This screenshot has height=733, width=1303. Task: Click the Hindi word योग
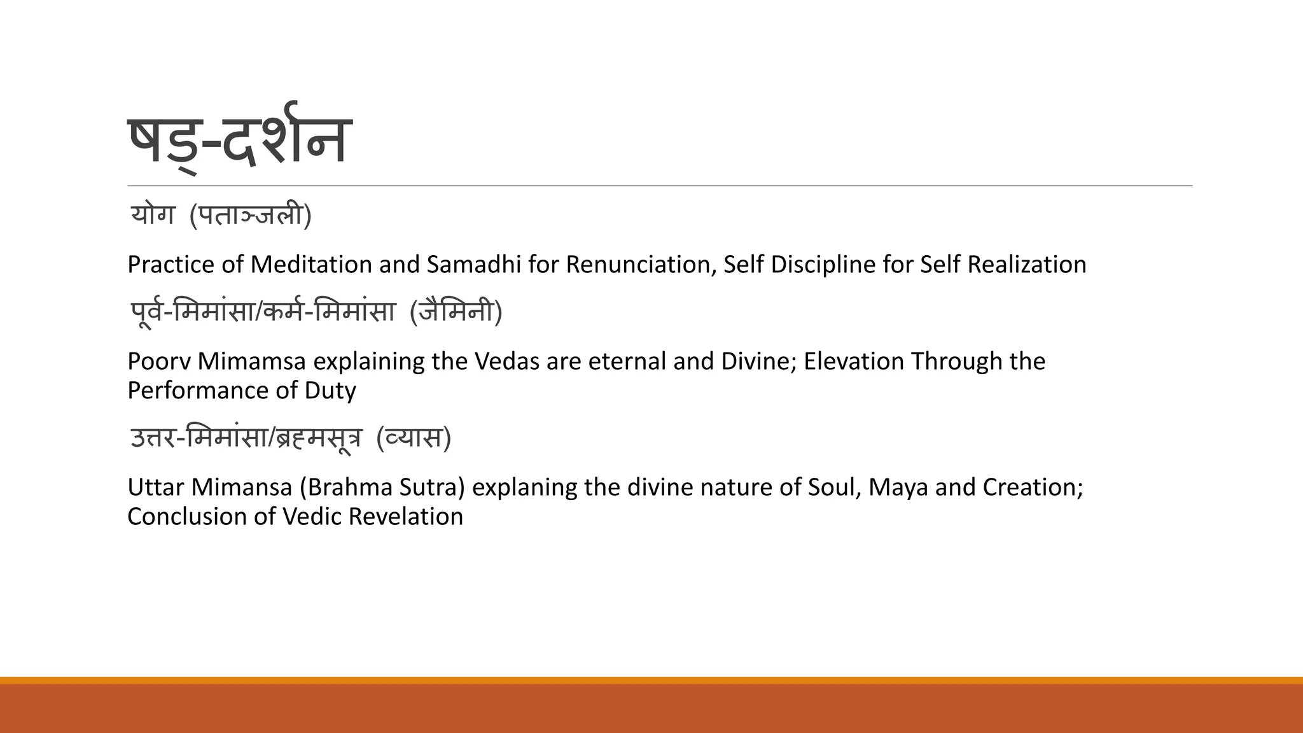(153, 215)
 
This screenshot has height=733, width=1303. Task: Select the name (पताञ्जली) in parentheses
(250, 215)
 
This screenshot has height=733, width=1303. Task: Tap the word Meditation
(310, 265)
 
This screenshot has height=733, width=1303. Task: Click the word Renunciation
(640, 265)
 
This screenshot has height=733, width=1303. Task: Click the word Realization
(1026, 265)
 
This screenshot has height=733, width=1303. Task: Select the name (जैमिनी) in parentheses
(456, 312)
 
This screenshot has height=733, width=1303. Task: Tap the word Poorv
(158, 361)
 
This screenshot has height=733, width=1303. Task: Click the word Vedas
(508, 361)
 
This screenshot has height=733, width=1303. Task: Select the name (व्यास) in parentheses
(414, 438)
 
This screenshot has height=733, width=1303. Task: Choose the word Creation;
(1033, 487)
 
